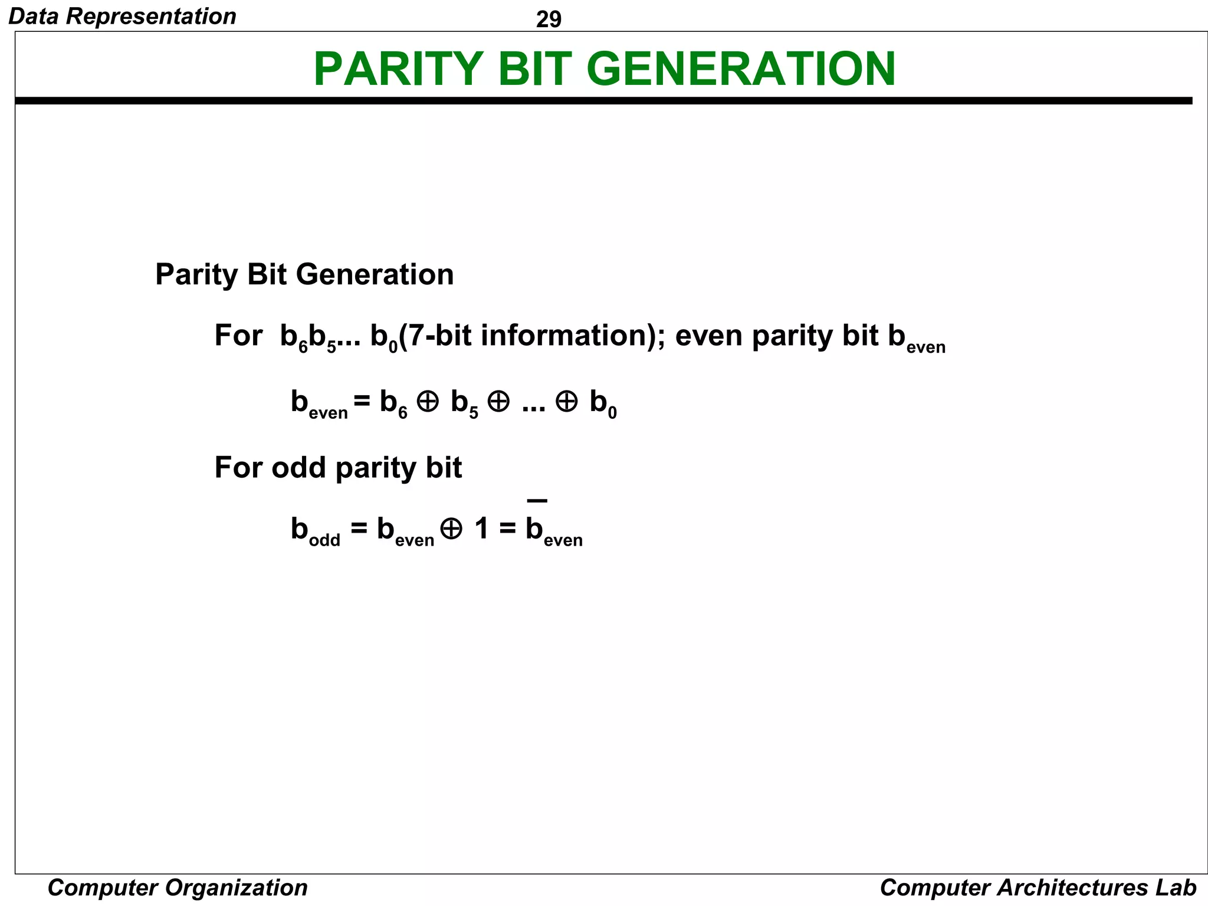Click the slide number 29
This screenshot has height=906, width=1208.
tap(549, 19)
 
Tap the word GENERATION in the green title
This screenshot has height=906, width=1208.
tap(741, 69)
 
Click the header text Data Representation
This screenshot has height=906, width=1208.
tap(123, 16)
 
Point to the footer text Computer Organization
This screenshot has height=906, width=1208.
tap(178, 888)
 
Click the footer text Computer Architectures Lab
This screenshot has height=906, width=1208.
tap(1038, 888)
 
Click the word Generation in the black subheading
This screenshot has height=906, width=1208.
tap(375, 275)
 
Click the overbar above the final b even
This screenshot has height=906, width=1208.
tap(537, 501)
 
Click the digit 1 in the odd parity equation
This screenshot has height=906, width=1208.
tap(482, 528)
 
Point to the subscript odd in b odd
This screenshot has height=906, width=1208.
tap(324, 540)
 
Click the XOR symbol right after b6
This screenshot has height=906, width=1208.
tap(428, 402)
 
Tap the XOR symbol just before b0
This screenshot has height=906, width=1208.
tap(566, 402)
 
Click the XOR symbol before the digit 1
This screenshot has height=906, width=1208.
tap(452, 528)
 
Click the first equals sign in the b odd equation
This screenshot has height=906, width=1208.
tap(359, 528)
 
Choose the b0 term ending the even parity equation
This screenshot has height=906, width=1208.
tap(603, 404)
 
